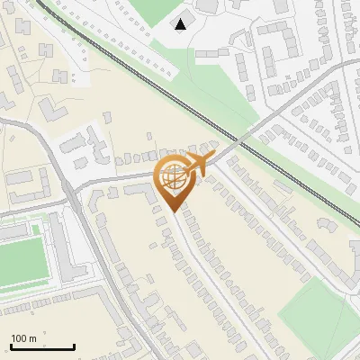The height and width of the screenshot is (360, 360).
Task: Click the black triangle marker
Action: point(182,24)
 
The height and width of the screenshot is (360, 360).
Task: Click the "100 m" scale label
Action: point(23,338)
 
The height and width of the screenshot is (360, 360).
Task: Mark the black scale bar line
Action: point(42,346)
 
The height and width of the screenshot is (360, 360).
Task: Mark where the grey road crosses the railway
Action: point(238,140)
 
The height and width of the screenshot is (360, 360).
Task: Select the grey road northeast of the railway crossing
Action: point(297,99)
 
